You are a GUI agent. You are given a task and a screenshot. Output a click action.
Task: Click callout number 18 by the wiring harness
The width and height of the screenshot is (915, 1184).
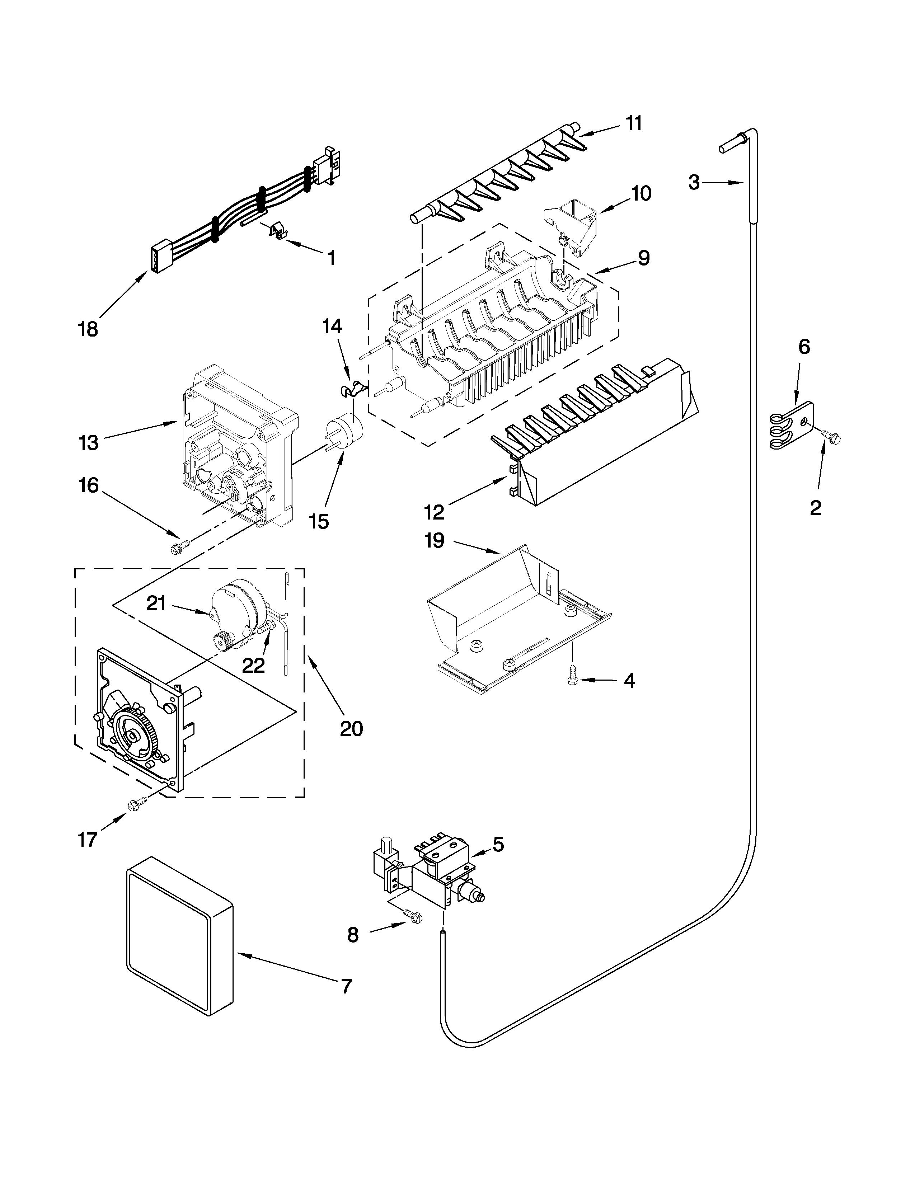tap(88, 329)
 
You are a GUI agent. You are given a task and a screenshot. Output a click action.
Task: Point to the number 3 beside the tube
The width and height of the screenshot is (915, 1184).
tap(694, 183)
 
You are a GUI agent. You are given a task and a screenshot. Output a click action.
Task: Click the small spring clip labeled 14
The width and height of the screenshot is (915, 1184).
tap(353, 387)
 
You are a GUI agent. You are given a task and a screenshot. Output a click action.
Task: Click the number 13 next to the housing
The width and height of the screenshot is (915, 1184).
tap(88, 442)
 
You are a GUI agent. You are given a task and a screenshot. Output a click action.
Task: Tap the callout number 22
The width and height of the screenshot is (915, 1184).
tap(253, 666)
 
